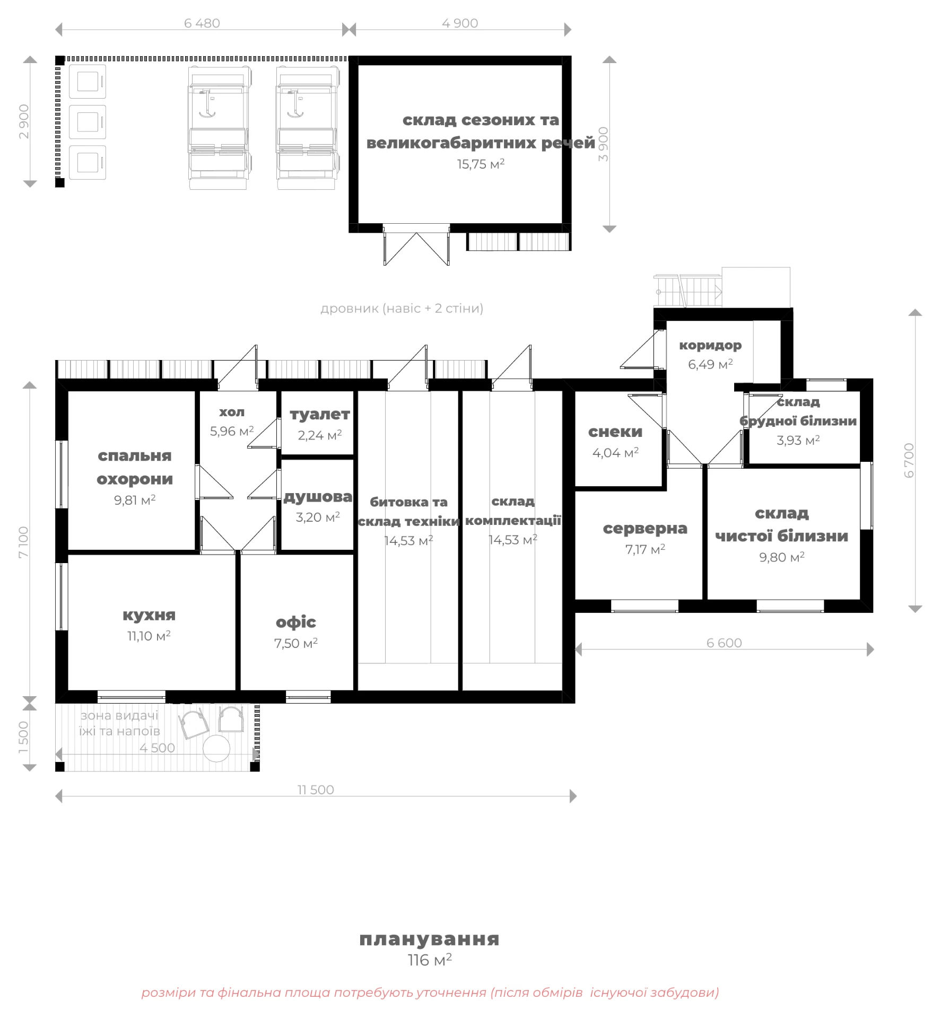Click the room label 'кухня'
coord(149,615)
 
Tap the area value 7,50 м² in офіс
coord(295,643)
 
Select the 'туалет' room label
coord(319,414)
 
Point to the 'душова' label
coord(318,497)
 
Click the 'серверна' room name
coord(645,529)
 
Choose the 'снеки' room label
coord(615,432)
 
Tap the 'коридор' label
coord(710,346)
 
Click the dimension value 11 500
coord(316,789)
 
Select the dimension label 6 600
coord(724,643)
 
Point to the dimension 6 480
coord(202,23)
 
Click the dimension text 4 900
coord(460,23)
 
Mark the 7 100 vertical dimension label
coord(24,542)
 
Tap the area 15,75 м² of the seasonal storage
coord(481,164)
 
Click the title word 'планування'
coord(429,939)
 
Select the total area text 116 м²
coord(430,960)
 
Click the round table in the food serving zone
coord(216,749)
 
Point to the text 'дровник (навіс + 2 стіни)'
coord(402,309)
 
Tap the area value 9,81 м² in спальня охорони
coord(134,500)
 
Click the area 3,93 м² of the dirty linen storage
coord(798,440)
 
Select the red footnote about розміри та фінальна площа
coord(430,993)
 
